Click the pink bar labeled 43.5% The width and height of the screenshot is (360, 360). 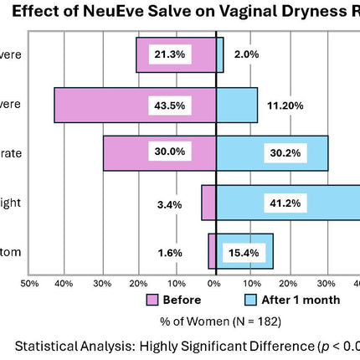click(92, 105)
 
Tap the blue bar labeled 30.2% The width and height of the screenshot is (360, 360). click(272, 153)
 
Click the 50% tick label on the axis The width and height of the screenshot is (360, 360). click(29, 283)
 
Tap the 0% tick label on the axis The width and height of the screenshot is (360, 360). click(214, 283)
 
